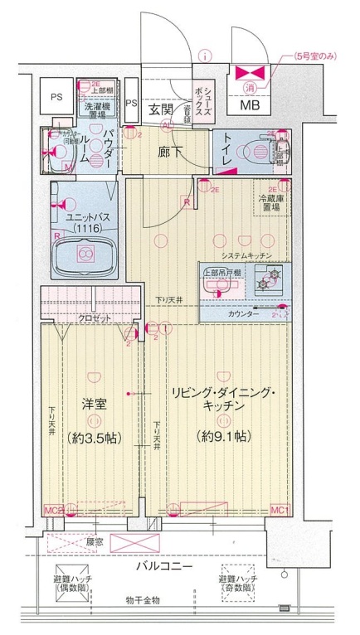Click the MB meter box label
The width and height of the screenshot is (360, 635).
point(250,104)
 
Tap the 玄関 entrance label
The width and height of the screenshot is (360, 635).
point(160,109)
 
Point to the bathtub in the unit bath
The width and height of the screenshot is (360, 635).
point(83,254)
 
